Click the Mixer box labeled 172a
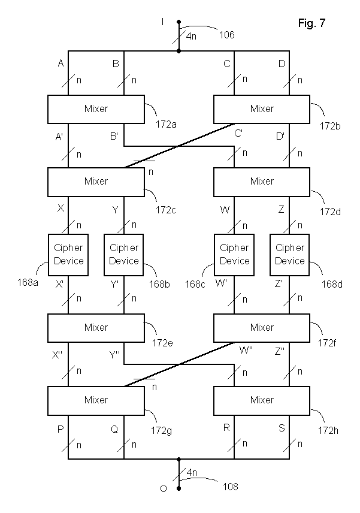[x=96, y=108]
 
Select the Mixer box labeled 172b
[x=262, y=108]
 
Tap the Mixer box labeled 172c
[x=96, y=180]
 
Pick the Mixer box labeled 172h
[x=262, y=400]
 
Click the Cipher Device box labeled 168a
[x=68, y=254]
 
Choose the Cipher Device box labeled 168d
[x=290, y=254]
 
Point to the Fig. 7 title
[x=311, y=23]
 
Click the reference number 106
[x=226, y=35]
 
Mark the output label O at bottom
[x=162, y=489]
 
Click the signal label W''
[x=246, y=349]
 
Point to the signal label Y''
[x=115, y=354]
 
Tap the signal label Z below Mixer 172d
[x=280, y=210]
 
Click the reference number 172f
[x=326, y=342]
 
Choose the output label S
[x=281, y=428]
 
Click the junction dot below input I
[x=179, y=51]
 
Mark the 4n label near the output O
[x=192, y=472]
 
